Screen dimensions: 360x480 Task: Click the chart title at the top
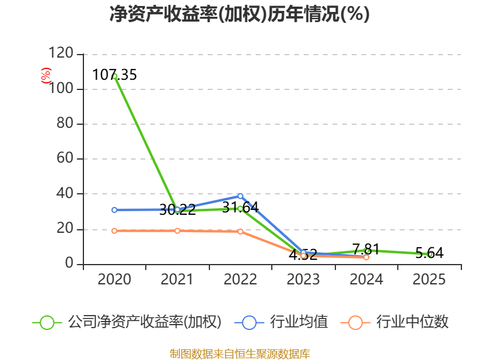click(x=239, y=14)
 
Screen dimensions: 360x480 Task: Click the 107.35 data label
click(x=115, y=75)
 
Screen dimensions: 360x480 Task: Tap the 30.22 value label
click(x=177, y=209)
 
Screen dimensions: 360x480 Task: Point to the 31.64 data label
click(x=240, y=207)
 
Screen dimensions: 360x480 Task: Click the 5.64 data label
click(x=429, y=253)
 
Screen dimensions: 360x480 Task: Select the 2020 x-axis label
click(x=114, y=280)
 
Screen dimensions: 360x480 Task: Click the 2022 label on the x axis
click(x=240, y=280)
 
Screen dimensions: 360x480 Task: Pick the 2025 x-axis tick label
click(x=429, y=280)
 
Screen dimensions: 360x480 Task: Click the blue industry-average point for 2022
click(x=240, y=196)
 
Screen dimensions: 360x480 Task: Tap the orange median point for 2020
click(x=114, y=230)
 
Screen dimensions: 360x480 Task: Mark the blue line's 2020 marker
click(x=114, y=209)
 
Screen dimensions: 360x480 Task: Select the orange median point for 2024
click(x=366, y=257)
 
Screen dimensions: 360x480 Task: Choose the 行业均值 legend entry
click(x=284, y=322)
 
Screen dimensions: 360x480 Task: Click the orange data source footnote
click(x=239, y=353)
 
